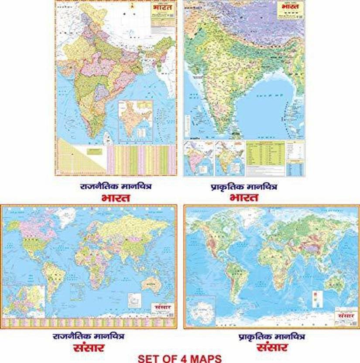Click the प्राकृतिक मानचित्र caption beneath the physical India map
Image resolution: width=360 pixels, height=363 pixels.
244,187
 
